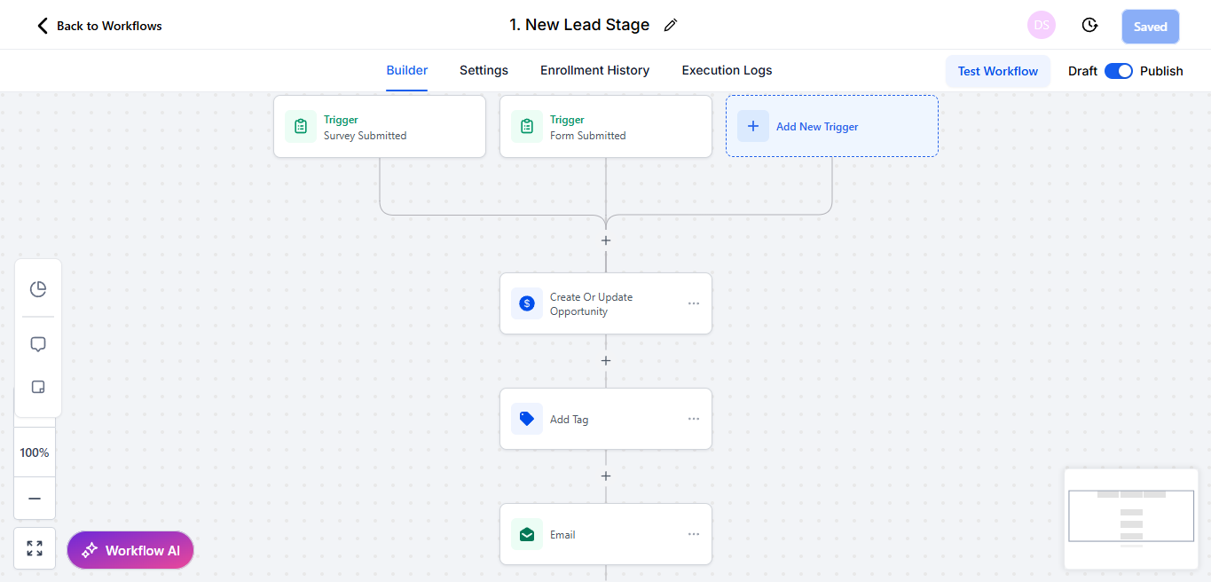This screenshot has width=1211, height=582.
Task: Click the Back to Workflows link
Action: (x=99, y=26)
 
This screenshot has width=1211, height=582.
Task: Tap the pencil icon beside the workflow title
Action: (x=671, y=26)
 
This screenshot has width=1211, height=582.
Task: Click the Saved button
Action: (x=1150, y=27)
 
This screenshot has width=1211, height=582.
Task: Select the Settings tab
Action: (x=484, y=70)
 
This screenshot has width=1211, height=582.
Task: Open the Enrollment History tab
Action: (x=594, y=70)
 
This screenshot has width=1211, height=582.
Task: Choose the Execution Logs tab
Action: (x=727, y=70)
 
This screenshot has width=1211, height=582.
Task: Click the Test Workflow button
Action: (x=997, y=71)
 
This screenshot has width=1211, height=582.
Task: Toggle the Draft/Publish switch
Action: (x=1118, y=71)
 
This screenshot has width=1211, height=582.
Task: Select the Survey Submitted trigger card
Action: (x=380, y=127)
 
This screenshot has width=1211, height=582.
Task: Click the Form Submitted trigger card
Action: (x=605, y=127)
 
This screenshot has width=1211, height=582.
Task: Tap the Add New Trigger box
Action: (x=831, y=126)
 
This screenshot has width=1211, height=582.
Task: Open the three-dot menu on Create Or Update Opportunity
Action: (x=694, y=303)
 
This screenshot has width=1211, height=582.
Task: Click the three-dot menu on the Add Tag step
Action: (x=694, y=419)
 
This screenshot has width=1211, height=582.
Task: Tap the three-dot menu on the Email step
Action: (x=694, y=534)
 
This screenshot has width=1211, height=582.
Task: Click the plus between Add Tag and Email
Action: (x=605, y=476)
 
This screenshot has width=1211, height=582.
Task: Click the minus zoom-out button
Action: (x=35, y=499)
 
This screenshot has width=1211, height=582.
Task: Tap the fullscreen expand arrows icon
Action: (x=35, y=548)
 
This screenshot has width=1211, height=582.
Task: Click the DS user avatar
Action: (x=1042, y=26)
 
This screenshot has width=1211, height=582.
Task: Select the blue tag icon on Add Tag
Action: (x=527, y=419)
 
